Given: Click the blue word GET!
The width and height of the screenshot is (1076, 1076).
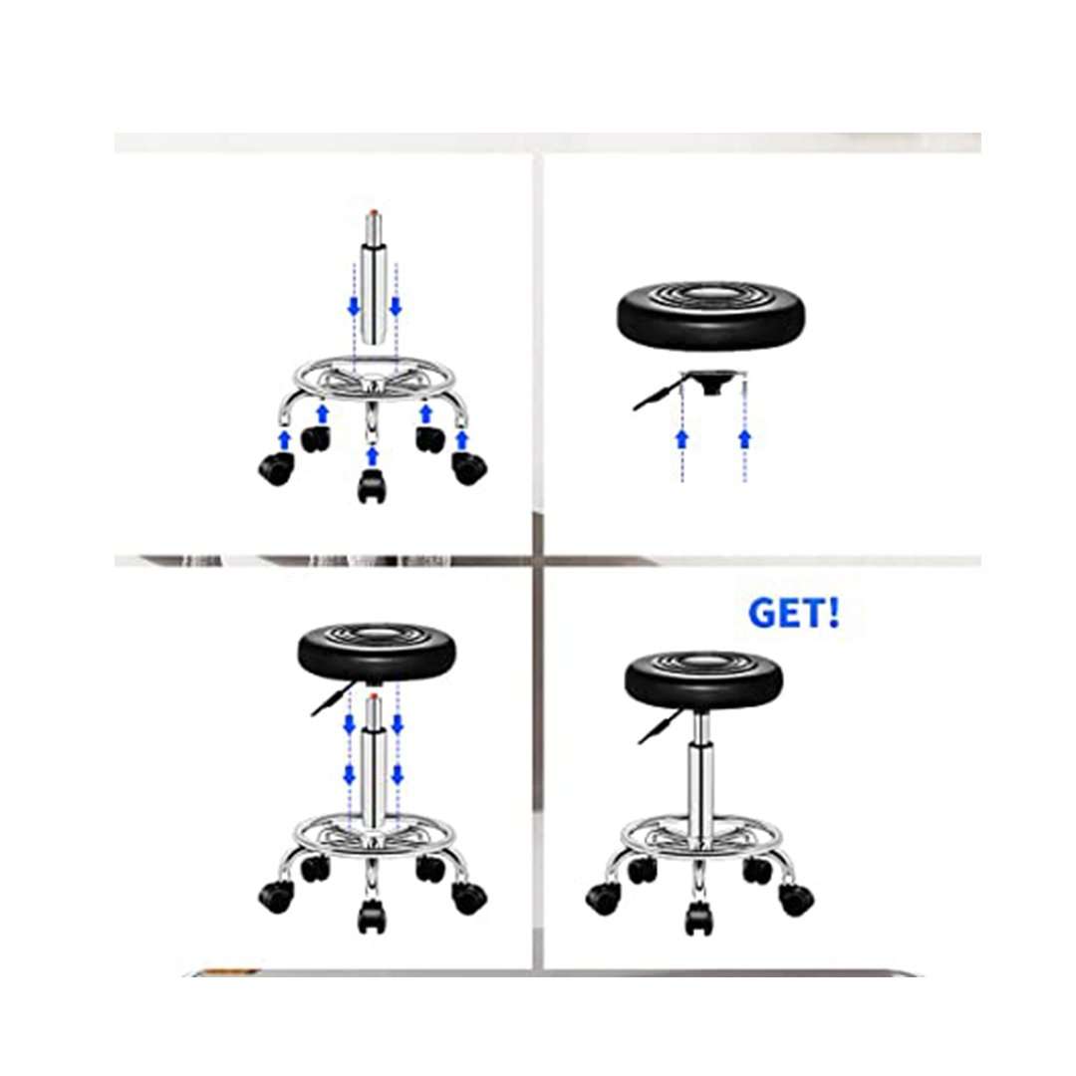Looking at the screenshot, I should pyautogui.click(x=793, y=614).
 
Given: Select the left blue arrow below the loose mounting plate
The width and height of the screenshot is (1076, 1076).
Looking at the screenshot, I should pyautogui.click(x=682, y=438).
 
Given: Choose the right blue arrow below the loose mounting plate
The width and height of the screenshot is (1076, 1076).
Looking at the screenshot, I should pyautogui.click(x=744, y=438).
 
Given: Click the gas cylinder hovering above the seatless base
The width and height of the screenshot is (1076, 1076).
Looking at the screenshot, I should pyautogui.click(x=374, y=289).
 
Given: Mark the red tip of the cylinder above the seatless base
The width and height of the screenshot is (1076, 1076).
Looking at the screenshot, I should pyautogui.click(x=374, y=210).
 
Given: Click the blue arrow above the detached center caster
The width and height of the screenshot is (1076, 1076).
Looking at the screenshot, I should pyautogui.click(x=372, y=455).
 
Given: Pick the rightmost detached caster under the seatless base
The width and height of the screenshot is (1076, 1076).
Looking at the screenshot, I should pyautogui.click(x=467, y=467).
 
